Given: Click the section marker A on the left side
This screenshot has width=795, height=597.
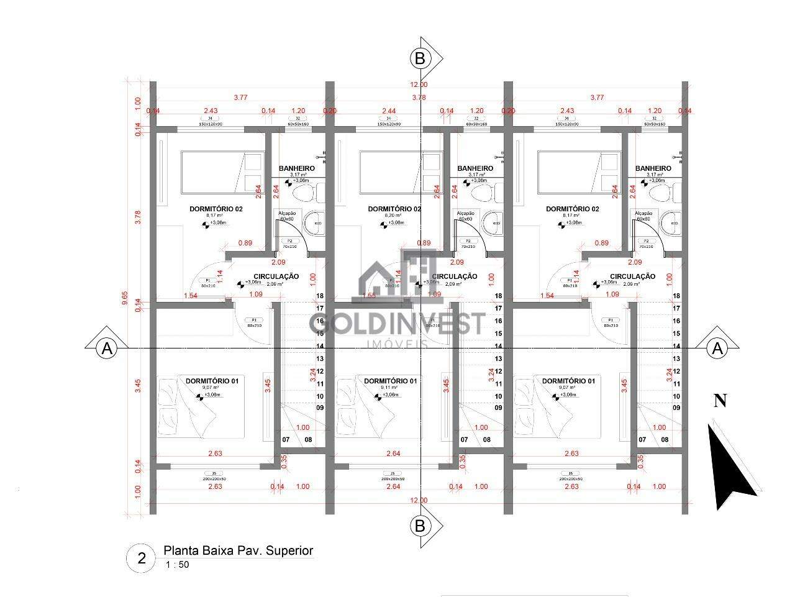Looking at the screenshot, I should [x=107, y=349].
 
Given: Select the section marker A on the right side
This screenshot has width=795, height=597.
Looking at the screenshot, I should [x=718, y=349].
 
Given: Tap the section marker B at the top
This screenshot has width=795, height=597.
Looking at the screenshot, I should [x=420, y=58].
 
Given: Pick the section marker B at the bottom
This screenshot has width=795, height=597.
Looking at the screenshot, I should [x=420, y=526].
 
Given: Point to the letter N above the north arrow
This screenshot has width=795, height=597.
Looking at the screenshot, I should [x=720, y=401].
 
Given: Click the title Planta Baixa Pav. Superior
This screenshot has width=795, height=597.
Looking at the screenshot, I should [x=238, y=550].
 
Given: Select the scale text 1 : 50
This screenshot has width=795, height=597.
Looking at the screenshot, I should [x=177, y=565].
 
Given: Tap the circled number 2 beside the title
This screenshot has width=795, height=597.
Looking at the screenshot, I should [x=142, y=558].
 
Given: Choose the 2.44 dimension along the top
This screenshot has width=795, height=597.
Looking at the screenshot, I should [x=388, y=111].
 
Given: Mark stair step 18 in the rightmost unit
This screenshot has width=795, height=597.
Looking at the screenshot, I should [x=676, y=296].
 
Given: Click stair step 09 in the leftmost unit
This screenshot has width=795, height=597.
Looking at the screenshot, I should [x=320, y=408].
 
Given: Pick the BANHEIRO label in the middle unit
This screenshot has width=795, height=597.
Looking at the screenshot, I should [x=475, y=168].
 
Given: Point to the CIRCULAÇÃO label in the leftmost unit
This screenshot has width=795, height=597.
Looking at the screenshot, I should [x=276, y=276].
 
